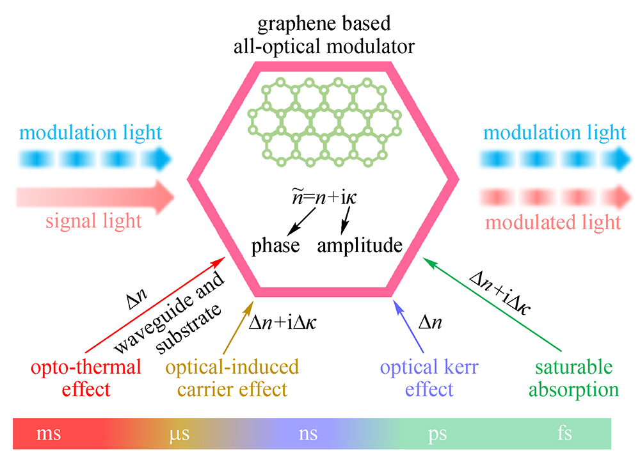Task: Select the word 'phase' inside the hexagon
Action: click(275, 246)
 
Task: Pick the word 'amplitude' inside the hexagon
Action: click(360, 246)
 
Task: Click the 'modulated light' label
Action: click(553, 222)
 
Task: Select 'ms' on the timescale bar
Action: click(49, 434)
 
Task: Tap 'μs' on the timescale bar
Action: click(179, 434)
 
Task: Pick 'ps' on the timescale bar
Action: click(438, 434)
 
